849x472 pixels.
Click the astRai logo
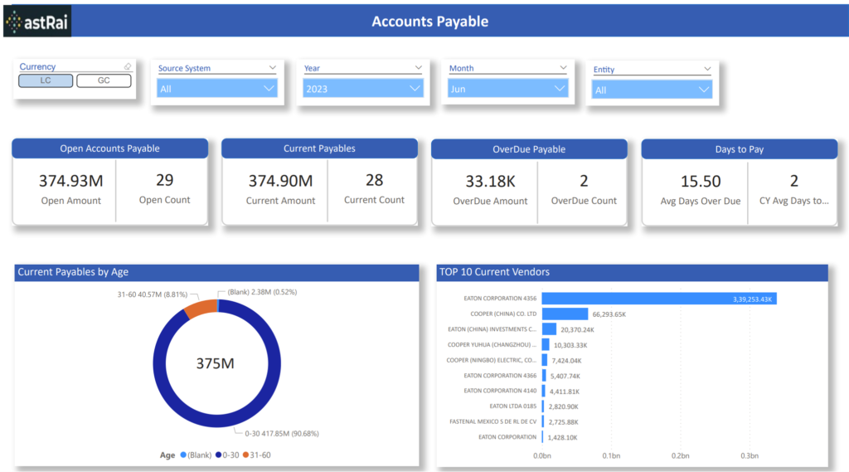(37, 22)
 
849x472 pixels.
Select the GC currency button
(104, 80)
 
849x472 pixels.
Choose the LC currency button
(46, 80)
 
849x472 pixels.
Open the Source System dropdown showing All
(217, 88)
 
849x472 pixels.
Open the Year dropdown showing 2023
(362, 88)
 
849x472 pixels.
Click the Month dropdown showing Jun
(508, 88)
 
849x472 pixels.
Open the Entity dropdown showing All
(652, 90)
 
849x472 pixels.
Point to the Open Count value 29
(164, 180)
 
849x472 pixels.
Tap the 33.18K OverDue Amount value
(490, 181)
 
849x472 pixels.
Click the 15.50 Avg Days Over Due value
(700, 181)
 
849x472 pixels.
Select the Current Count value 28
(374, 180)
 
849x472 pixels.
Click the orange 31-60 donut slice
(199, 309)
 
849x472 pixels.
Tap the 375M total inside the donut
(216, 363)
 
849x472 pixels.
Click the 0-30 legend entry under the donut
(230, 455)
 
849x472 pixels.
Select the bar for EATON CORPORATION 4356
(658, 299)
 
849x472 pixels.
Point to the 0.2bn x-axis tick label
(681, 455)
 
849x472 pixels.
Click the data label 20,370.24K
(577, 329)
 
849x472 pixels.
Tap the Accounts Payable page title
(429, 22)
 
